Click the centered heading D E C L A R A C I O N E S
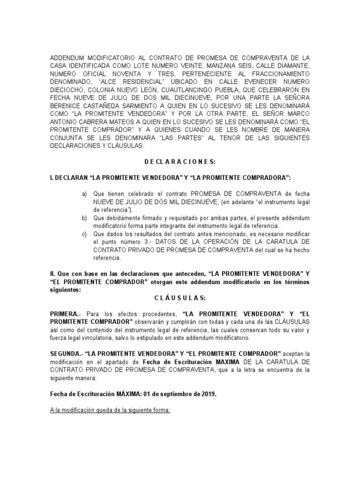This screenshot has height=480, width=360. tap(180, 161)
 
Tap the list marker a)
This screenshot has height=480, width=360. tap(84, 194)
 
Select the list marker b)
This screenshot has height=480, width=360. tap(84, 218)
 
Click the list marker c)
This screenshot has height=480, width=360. tap(84, 234)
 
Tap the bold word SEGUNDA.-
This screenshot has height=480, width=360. tap(67, 353)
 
